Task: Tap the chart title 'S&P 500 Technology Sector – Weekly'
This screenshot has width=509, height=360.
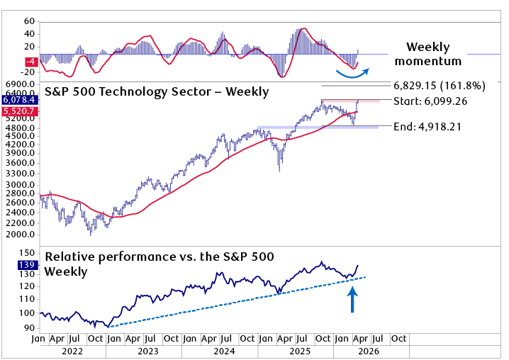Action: (x=157, y=91)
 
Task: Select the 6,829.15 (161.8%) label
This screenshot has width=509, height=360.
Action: (x=440, y=85)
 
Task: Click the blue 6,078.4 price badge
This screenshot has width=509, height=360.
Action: (x=19, y=101)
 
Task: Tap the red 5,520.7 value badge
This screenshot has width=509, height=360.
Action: (x=19, y=112)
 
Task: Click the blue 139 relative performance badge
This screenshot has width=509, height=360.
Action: (x=27, y=264)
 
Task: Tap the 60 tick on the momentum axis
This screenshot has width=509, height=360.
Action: (x=29, y=22)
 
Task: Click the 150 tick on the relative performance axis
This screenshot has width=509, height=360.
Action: (x=27, y=252)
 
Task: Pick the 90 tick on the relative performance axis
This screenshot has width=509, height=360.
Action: (x=29, y=327)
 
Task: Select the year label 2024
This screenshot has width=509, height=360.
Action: (x=224, y=351)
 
